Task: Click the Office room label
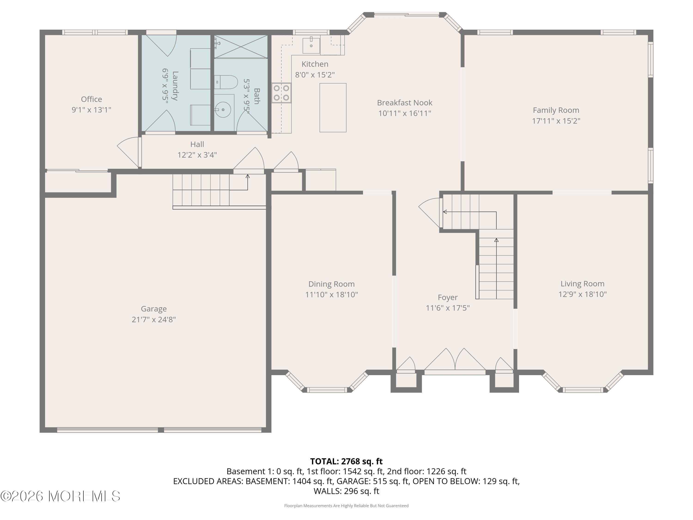tap(91, 99)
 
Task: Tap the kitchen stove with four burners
tap(281, 93)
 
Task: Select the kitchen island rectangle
tap(333, 107)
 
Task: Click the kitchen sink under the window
tap(311, 46)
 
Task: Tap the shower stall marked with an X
tap(241, 47)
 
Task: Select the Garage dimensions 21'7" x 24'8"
tap(154, 319)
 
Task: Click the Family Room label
tap(556, 110)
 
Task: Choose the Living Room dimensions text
tap(582, 294)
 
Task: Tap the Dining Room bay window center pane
tap(327, 390)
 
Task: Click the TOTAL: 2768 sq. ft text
tap(346, 461)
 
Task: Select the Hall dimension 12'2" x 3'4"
tap(197, 155)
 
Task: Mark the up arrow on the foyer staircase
tap(496, 240)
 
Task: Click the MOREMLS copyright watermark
tap(60, 496)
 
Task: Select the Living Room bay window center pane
tap(583, 390)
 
